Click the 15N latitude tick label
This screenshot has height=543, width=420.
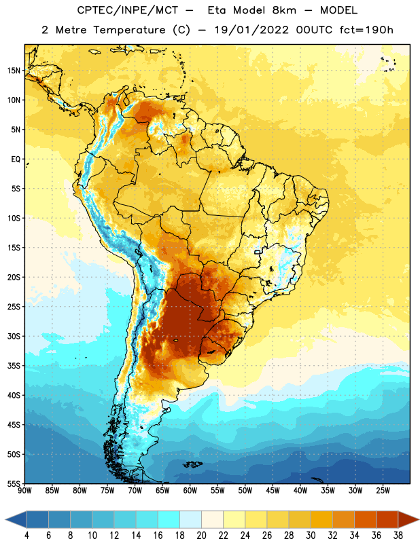(x=14, y=71)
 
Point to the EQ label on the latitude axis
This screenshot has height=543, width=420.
(x=16, y=160)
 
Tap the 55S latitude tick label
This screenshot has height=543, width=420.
(x=14, y=484)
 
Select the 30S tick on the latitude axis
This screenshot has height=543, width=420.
(x=14, y=336)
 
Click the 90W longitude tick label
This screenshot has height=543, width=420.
(x=24, y=491)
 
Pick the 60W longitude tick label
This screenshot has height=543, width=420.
(x=190, y=491)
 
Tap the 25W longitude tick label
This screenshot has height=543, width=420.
(x=383, y=491)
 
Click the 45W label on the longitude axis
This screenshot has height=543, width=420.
(x=273, y=491)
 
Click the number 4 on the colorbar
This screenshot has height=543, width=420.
(x=27, y=536)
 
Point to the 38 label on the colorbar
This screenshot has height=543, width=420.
(x=398, y=536)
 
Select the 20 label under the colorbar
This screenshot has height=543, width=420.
(x=201, y=536)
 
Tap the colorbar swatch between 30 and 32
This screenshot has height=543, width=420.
(x=321, y=521)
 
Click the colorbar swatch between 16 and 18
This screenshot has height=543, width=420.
(x=169, y=521)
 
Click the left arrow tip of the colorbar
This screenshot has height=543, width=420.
(x=6, y=521)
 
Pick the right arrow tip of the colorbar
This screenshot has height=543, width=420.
(x=419, y=521)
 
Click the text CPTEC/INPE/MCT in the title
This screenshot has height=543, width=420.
(x=128, y=10)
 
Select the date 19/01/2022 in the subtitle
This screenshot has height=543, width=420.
(x=251, y=30)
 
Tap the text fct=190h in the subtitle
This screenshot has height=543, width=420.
(x=366, y=30)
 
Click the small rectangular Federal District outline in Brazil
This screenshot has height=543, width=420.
(x=257, y=252)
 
